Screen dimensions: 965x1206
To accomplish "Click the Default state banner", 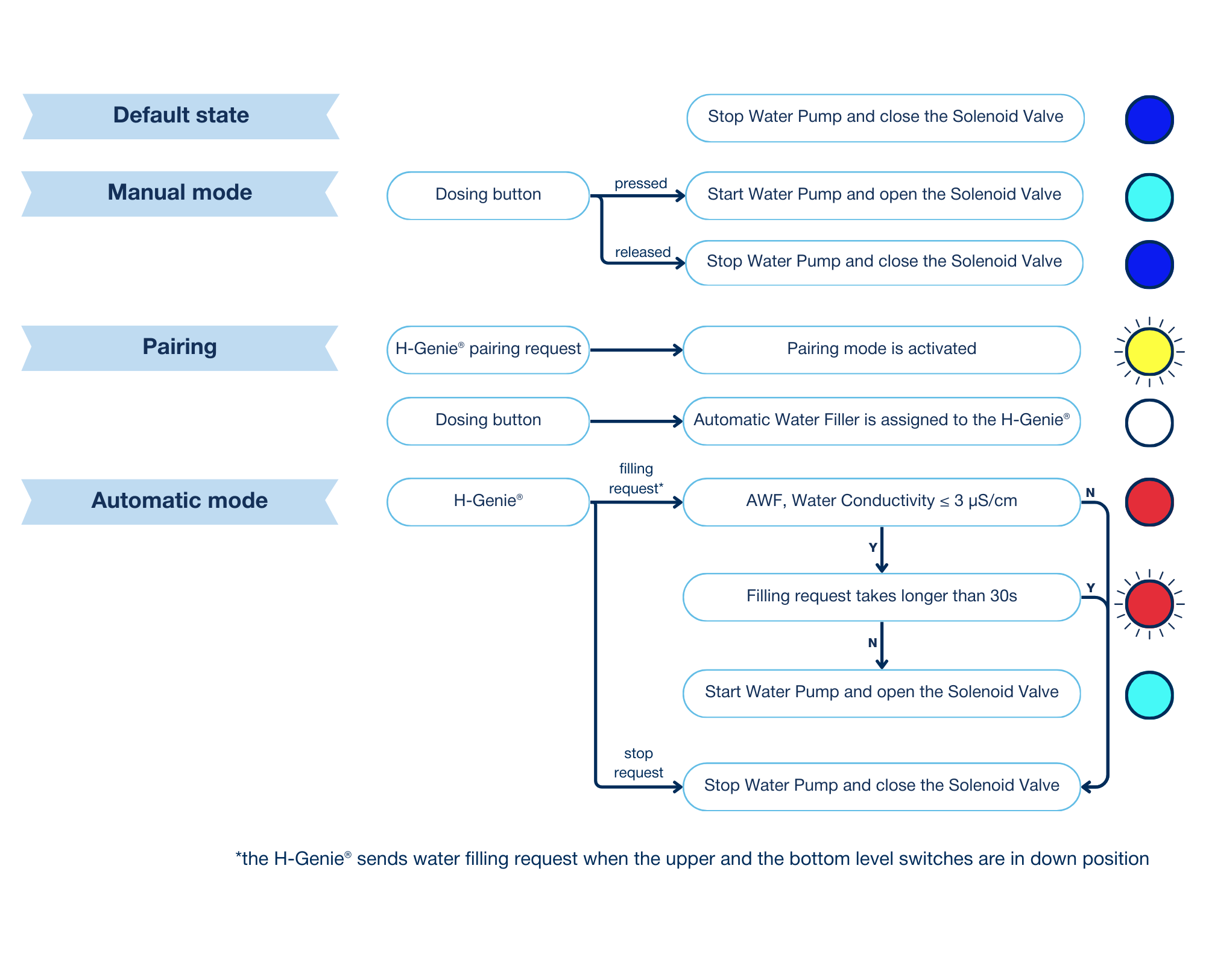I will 181,116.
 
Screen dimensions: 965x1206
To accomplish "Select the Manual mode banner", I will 180,193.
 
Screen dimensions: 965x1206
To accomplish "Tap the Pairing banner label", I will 180,347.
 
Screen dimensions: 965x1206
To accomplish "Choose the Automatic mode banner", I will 180,501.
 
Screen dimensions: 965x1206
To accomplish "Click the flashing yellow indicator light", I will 1149,352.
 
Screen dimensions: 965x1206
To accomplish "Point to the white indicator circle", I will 1149,423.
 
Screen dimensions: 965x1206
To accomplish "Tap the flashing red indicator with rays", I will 1149,604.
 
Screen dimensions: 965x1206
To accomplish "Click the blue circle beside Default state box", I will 1149,119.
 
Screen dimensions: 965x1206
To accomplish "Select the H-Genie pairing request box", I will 488,350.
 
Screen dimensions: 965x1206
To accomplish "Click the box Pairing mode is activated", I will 881,350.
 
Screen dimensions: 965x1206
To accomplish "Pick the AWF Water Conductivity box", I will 881,502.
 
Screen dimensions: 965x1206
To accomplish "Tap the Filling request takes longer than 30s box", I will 881,596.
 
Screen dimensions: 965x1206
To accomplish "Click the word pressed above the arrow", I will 640,183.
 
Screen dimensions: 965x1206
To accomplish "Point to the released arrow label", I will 642,252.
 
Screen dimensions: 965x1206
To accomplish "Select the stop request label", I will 638,763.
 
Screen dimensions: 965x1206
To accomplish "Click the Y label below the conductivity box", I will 873,548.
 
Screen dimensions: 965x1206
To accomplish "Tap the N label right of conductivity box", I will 1090,493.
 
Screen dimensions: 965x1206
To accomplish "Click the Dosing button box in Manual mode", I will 488,195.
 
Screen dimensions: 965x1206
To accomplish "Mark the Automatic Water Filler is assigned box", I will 881,421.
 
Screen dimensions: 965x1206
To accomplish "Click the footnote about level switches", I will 692,859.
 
